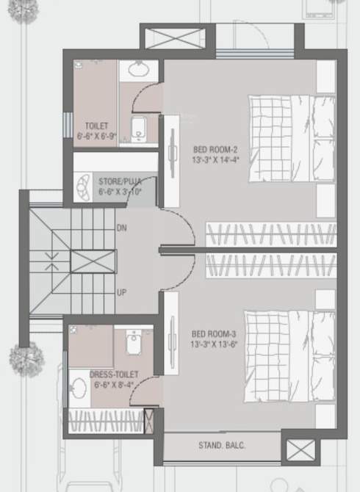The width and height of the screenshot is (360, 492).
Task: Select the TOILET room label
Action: (96, 126)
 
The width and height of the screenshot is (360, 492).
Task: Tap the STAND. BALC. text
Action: (221, 445)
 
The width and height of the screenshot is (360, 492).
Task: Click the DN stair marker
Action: (122, 229)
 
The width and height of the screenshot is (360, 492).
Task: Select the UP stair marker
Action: (122, 292)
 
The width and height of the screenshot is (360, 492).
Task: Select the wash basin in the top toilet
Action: (137, 70)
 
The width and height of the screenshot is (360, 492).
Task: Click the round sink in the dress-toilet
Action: (79, 387)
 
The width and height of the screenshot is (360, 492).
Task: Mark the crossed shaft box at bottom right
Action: (300, 449)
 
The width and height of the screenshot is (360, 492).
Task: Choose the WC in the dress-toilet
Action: (134, 342)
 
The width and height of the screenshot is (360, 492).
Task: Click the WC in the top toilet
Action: (139, 129)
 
